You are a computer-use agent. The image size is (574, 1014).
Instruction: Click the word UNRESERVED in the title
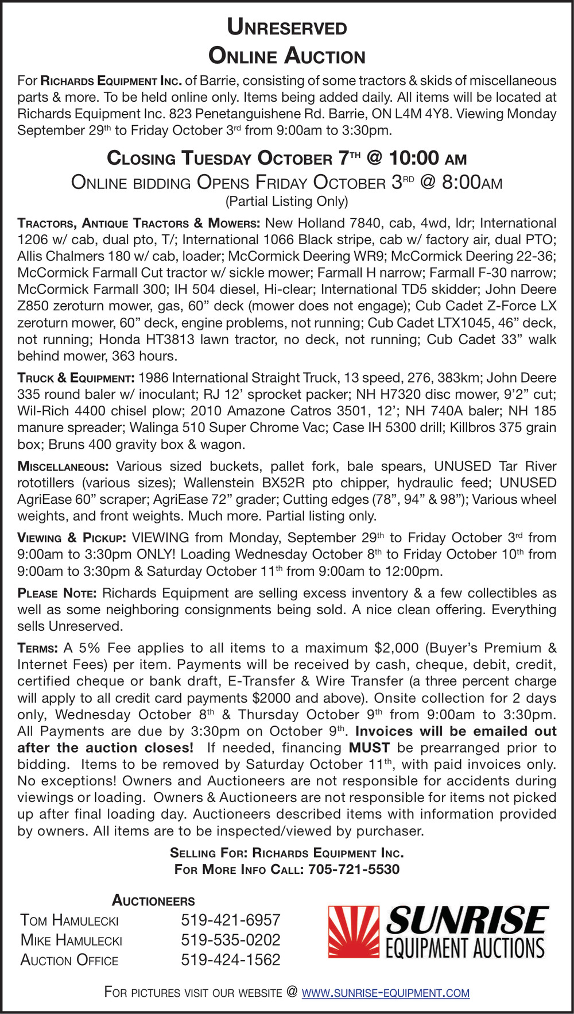pos(287,27)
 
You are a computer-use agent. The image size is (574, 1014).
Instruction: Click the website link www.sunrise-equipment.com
pos(385,992)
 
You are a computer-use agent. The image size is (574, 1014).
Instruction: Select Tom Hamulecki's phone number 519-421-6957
pos(230,920)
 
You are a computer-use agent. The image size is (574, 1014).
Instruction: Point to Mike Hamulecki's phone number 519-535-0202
pos(230,940)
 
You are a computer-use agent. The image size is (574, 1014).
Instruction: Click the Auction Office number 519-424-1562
pos(230,959)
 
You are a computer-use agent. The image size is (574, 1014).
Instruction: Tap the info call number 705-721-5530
pos(354,869)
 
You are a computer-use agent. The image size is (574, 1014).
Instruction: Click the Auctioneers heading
pos(153,900)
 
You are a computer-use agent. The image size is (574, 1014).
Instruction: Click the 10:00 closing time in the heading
pos(414,158)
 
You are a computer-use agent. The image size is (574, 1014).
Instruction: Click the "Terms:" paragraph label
pos(37,649)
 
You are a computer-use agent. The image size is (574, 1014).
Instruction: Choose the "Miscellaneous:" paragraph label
pos(63,466)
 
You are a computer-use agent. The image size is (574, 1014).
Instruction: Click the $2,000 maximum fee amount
pos(396,648)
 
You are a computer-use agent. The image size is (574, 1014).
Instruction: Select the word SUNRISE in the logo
pos(467,920)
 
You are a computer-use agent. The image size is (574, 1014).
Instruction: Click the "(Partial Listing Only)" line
pos(287,201)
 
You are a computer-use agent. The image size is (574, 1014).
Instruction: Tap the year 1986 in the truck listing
pos(153,377)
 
